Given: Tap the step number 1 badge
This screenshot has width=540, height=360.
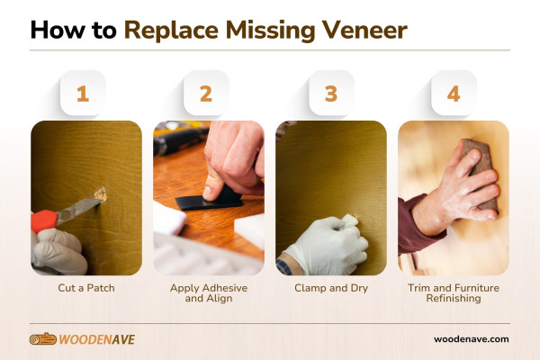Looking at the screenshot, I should coord(82,93).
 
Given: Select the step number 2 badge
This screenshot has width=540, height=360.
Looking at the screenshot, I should coord(206,93).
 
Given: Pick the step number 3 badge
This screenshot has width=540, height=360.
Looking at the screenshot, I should coord(330,93).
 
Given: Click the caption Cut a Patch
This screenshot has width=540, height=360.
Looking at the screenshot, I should coord(86,290).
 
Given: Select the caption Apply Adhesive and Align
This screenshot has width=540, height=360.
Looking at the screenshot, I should coord(209,295).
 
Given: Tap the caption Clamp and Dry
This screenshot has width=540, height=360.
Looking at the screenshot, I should coord(331,290).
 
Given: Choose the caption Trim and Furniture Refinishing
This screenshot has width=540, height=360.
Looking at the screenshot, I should coord(454,295).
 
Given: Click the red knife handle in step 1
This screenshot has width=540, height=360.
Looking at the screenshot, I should coord(44,220).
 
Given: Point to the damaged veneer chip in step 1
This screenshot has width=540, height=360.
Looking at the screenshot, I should coord(100,194).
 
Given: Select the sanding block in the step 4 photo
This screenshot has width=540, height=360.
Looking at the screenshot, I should coord(481,170).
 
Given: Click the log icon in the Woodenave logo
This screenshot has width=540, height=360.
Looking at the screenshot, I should coord(42,339).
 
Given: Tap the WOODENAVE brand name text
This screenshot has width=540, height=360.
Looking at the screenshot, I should coord(99,339).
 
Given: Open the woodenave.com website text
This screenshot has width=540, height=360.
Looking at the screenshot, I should coord(470,339).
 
